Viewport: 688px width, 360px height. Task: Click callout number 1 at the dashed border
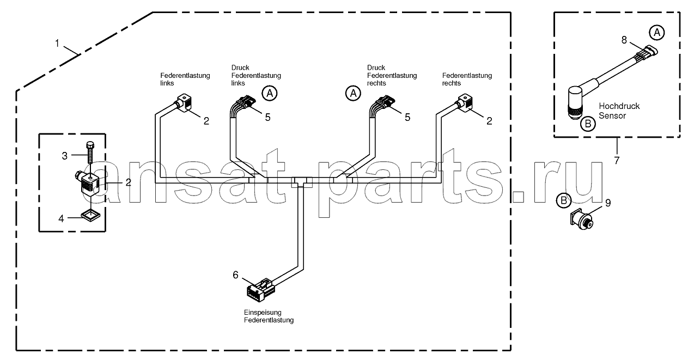coord(57,44)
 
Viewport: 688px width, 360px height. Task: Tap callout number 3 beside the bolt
coord(64,156)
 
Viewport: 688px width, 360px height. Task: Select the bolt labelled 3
coord(90,153)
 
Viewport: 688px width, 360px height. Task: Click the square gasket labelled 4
coord(91,216)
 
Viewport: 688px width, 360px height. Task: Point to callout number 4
coord(61,219)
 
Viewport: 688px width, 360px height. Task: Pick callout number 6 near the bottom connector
coord(235,275)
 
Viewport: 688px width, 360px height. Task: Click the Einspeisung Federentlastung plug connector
coord(261,289)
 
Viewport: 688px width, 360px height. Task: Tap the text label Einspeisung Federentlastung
coord(269,316)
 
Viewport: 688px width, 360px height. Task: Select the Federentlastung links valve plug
coord(183,103)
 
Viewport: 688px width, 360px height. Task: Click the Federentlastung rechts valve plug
coord(465,103)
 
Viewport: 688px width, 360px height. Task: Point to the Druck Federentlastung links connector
coord(246,102)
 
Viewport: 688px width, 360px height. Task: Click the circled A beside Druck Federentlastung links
coord(270,93)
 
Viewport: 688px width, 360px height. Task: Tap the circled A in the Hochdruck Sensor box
coord(656,33)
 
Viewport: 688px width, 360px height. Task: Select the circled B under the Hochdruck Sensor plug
coord(588,124)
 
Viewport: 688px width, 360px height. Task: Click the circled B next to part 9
coord(564,200)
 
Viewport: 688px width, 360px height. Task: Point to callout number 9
coord(608,203)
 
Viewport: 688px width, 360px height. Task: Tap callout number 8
coord(624,40)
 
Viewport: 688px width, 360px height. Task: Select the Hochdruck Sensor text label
coord(619,111)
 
